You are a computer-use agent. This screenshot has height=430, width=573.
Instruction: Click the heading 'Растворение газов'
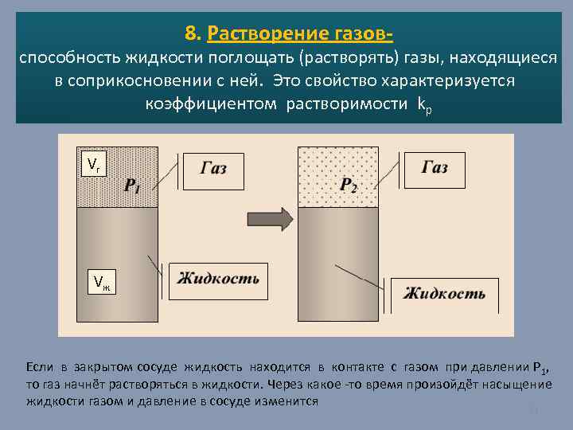tap(299, 33)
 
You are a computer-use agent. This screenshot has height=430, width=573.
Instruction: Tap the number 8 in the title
tap(190, 33)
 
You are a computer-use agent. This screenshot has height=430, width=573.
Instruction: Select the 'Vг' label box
tap(93, 164)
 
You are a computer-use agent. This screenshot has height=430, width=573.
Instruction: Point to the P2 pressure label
tap(349, 186)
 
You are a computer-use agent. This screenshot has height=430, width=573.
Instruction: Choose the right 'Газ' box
tap(434, 168)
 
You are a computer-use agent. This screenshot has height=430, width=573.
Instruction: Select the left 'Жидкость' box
tap(218, 279)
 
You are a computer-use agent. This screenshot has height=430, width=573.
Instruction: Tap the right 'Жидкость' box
tap(443, 293)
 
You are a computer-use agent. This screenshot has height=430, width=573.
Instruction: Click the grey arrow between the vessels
tap(267, 217)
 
